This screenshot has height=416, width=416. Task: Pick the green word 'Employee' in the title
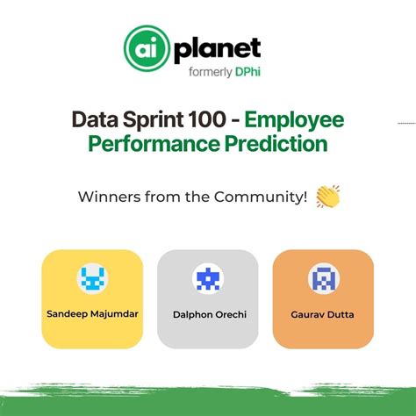click(x=290, y=120)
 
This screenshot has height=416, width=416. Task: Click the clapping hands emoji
click(x=328, y=197)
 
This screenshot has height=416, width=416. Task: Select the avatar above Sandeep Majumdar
click(x=92, y=279)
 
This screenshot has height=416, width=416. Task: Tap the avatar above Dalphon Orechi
click(x=207, y=279)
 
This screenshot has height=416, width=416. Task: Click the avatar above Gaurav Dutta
click(x=324, y=279)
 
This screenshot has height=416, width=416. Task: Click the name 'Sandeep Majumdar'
click(x=92, y=312)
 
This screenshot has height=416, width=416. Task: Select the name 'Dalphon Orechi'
click(x=207, y=313)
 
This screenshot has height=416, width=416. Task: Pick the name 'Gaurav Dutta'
click(x=324, y=313)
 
